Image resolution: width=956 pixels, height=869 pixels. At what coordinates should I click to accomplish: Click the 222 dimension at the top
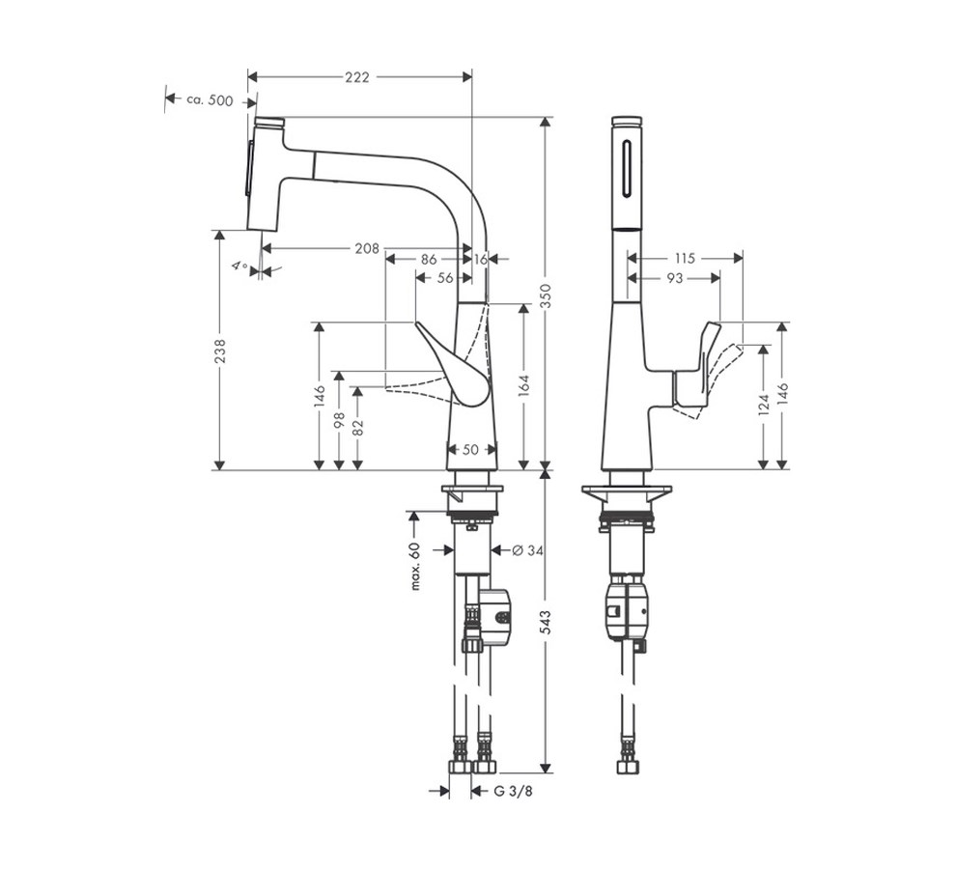click(357, 77)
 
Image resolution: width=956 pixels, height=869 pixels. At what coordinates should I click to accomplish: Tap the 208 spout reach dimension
click(366, 248)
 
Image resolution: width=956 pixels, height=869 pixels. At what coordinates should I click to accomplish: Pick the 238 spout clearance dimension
click(219, 349)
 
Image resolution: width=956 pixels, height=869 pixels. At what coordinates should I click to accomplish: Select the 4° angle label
click(239, 266)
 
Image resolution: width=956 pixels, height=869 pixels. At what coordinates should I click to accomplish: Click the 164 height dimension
click(524, 386)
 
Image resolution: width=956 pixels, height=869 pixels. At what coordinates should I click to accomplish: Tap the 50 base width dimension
click(470, 449)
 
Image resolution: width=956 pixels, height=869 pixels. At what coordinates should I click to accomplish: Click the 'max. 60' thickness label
click(415, 565)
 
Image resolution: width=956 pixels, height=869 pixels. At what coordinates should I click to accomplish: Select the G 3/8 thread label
click(513, 791)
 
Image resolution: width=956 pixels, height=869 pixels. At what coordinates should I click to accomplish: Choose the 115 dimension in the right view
click(685, 258)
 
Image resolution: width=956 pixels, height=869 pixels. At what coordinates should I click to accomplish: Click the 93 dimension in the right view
click(674, 278)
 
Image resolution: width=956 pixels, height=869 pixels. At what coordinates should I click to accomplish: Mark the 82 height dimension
click(357, 428)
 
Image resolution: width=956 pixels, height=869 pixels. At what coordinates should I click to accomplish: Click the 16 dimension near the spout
click(482, 259)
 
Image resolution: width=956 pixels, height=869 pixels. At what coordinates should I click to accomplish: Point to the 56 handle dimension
click(444, 278)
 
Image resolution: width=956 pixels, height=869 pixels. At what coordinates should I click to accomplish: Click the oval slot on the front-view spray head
click(628, 168)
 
